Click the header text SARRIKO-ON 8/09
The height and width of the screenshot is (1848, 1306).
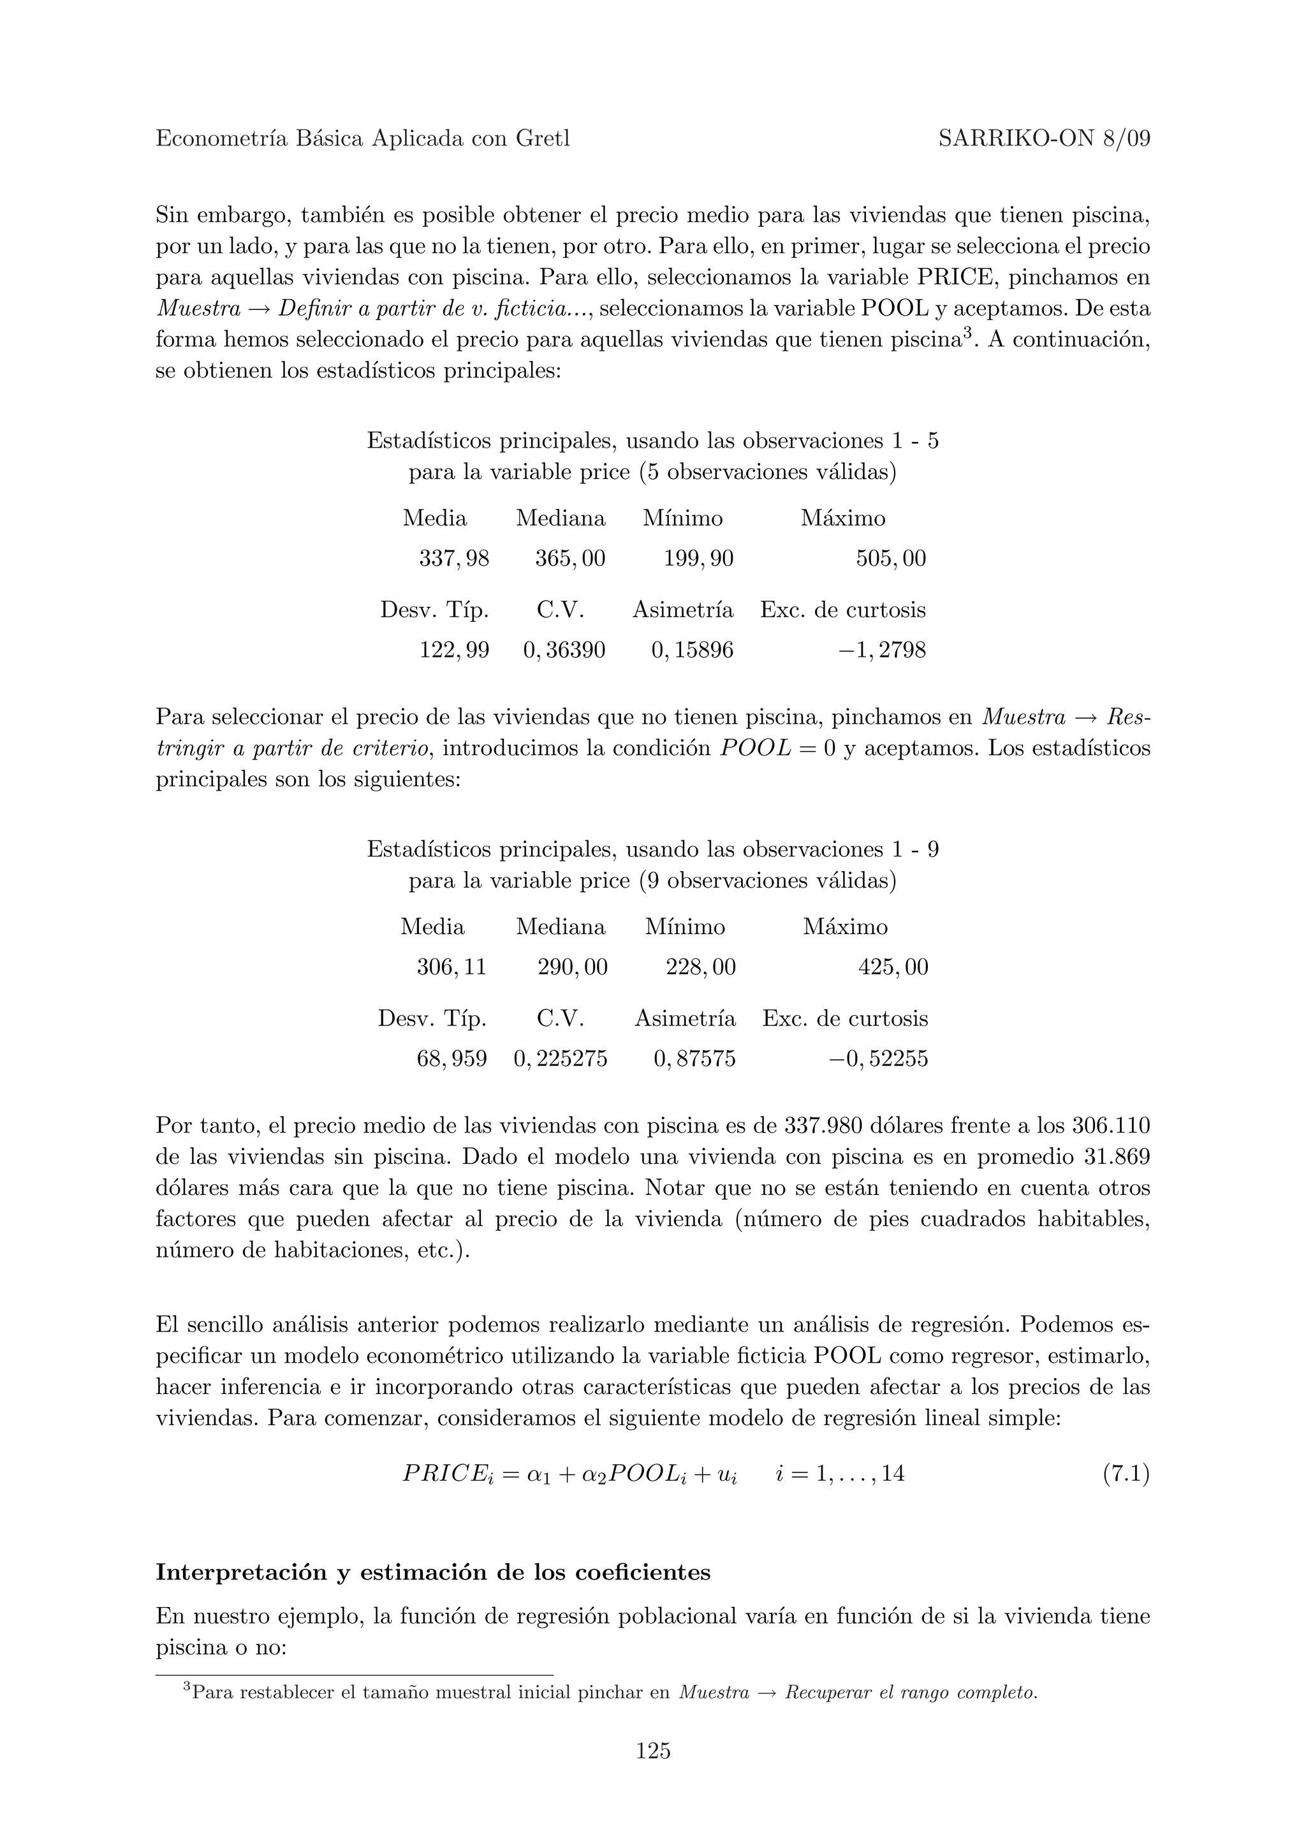pos(1044,139)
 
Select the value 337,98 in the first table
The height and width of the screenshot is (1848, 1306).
pos(454,559)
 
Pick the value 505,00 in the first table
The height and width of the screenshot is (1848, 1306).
pos(891,559)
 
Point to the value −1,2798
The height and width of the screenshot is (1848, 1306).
pos(882,650)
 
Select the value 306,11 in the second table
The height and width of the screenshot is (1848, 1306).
pos(451,967)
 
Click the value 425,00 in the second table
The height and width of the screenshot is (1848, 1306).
pos(893,967)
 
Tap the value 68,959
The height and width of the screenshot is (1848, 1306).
pos(451,1059)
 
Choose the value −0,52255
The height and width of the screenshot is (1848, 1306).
pos(879,1059)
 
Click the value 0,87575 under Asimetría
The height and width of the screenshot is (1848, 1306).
pos(694,1059)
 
